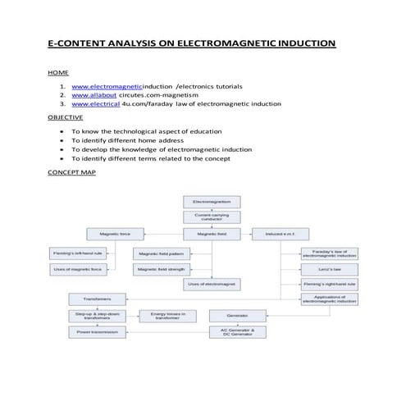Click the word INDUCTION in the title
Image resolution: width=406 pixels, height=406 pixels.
click(x=303, y=42)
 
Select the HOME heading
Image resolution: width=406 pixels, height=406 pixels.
click(x=58, y=73)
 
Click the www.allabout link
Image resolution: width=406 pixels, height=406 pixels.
click(x=95, y=95)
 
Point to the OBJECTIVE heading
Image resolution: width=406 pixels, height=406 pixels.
click(x=66, y=117)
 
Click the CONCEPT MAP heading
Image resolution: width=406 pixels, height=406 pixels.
click(x=72, y=173)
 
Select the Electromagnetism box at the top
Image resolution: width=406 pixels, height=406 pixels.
click(x=212, y=201)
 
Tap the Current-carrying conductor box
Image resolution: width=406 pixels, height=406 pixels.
click(x=212, y=217)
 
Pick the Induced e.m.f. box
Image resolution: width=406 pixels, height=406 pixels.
click(x=279, y=235)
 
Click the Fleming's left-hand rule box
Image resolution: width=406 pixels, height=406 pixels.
click(x=77, y=253)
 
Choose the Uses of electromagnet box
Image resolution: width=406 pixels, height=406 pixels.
click(x=212, y=284)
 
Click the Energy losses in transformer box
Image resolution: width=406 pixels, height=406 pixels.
click(x=168, y=315)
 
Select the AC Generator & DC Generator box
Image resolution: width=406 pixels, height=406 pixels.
click(x=238, y=332)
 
